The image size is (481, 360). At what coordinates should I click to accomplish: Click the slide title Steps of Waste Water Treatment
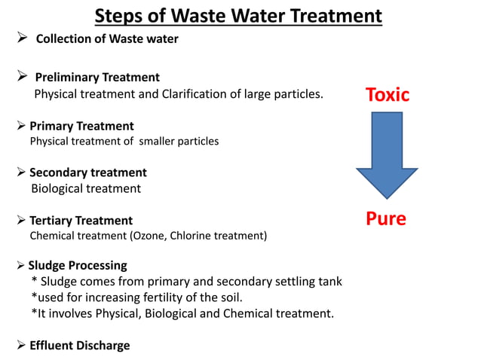tap(238, 15)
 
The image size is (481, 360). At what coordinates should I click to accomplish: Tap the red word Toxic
tap(387, 95)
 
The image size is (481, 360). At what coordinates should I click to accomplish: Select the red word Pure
tap(385, 218)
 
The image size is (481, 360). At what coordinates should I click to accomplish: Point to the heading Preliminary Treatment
tap(97, 77)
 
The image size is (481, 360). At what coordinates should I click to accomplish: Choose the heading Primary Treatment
tap(81, 126)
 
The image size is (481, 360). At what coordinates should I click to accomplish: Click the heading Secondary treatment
tap(87, 172)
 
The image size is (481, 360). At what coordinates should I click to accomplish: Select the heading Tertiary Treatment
tap(81, 221)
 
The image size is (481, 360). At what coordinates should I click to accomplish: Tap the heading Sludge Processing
tap(78, 265)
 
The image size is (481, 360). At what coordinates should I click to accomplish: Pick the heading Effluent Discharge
tap(79, 345)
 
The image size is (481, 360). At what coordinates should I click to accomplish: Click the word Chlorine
tap(192, 236)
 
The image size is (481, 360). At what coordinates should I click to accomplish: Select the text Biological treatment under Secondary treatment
tap(86, 188)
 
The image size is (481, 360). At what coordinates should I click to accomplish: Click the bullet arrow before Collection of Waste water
tap(23, 38)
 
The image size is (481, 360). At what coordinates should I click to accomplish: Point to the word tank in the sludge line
tap(329, 281)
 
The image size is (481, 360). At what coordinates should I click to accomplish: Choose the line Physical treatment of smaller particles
tap(124, 141)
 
